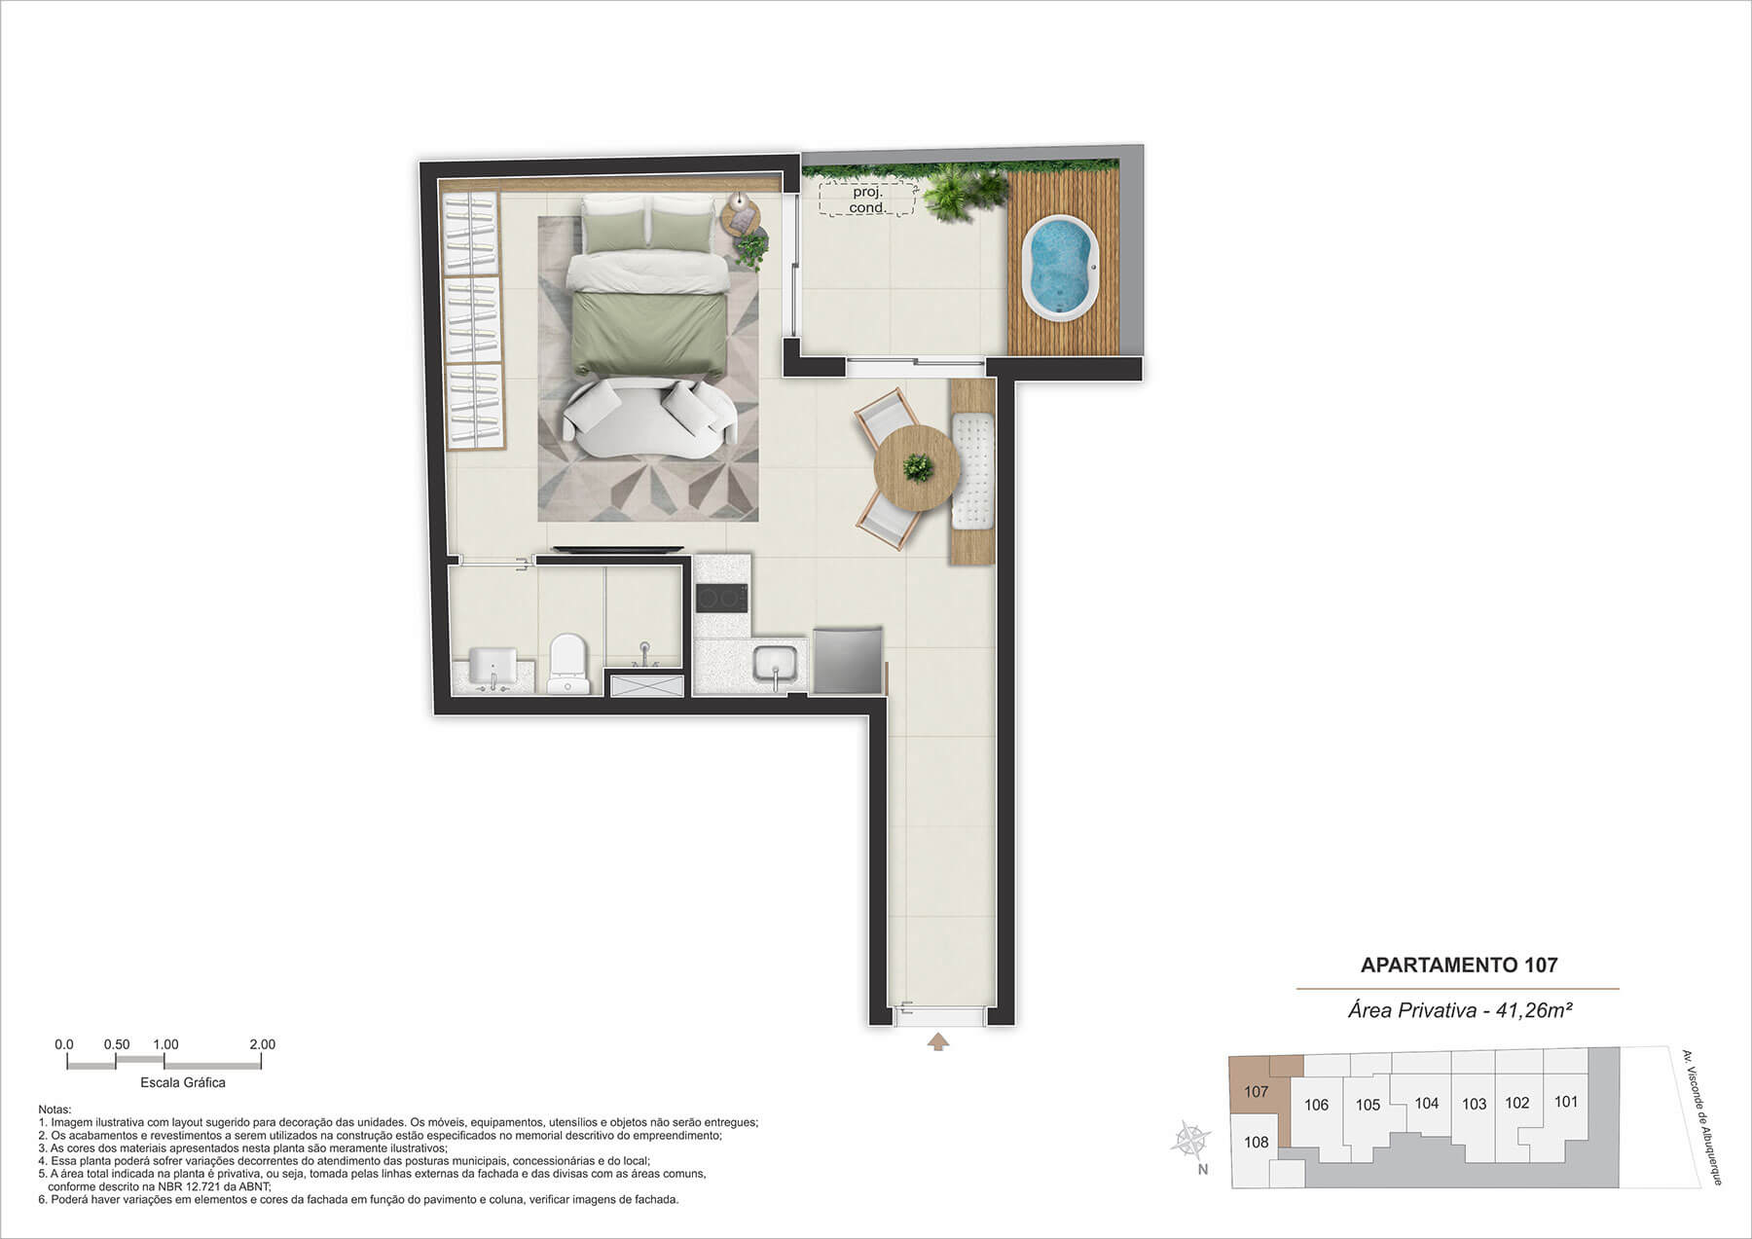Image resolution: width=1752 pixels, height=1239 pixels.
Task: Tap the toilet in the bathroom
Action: (568, 664)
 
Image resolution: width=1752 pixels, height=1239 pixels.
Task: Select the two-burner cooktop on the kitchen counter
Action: (721, 598)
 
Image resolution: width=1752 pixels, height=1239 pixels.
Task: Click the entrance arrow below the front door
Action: (937, 1042)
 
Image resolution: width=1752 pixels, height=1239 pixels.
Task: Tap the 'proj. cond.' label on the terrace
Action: (866, 200)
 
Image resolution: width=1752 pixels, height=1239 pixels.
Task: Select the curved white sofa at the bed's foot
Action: (650, 418)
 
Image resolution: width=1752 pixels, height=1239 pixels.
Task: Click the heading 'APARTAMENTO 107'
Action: (1459, 965)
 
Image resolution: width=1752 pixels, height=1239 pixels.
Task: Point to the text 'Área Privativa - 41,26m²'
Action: (1460, 1010)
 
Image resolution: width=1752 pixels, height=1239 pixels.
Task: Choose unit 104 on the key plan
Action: (1426, 1103)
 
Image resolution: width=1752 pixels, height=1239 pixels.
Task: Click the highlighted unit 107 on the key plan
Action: (1257, 1091)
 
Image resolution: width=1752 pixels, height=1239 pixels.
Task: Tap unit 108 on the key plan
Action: (1257, 1142)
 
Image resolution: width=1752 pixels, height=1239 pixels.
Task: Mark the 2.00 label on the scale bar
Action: (262, 1044)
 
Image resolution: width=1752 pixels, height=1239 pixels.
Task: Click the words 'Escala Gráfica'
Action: (183, 1082)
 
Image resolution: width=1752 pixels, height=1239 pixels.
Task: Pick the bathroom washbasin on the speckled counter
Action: (493, 666)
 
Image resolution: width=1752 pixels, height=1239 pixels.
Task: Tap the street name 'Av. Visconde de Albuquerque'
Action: (1702, 1116)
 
